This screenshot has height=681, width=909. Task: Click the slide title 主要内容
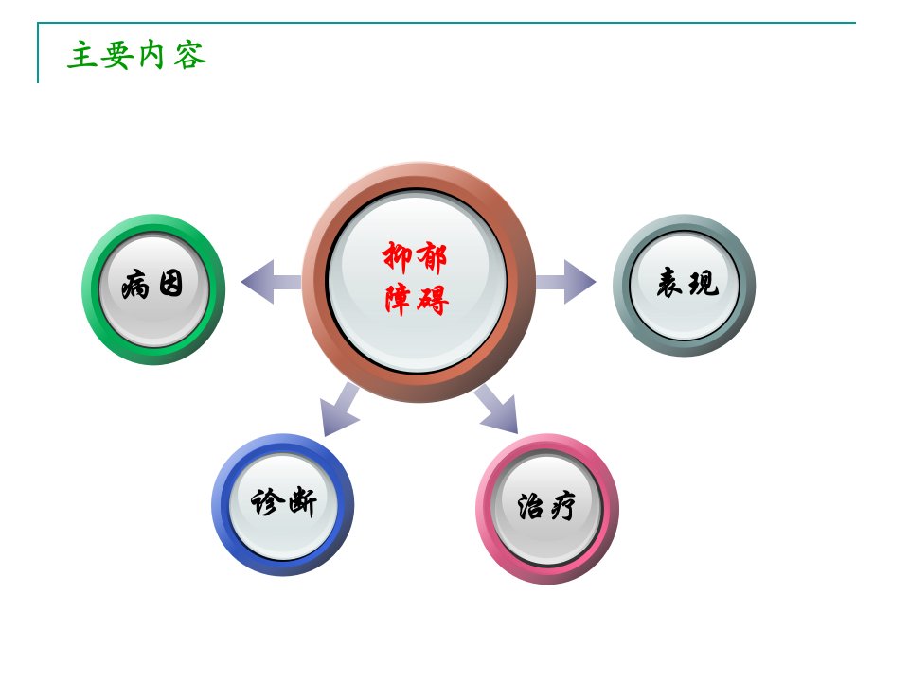(136, 55)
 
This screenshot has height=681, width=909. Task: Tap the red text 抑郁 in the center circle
(414, 257)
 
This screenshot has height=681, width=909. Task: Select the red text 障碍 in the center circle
(417, 300)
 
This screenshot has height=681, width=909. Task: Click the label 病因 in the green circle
(152, 285)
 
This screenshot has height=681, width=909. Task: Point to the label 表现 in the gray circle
(687, 283)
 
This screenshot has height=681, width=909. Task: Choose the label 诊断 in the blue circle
(283, 501)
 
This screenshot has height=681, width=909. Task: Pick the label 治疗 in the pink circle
(546, 506)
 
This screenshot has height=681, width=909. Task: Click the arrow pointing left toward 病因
(271, 282)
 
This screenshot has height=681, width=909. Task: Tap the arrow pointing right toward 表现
(566, 282)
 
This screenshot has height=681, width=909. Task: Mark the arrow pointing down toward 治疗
(497, 410)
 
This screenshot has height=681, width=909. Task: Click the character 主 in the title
(82, 56)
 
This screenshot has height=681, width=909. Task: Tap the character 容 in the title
(190, 56)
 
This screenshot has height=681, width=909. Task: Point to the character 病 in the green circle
(135, 286)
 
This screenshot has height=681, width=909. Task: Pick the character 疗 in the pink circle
(562, 507)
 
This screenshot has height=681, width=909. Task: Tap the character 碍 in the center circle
(433, 300)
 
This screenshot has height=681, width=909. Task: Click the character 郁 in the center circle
(432, 257)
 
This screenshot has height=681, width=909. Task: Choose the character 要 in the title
(117, 56)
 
